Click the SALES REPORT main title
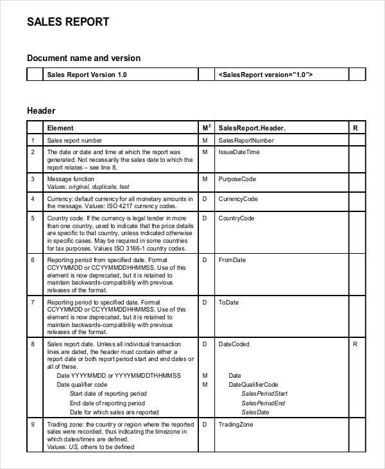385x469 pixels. [68, 22]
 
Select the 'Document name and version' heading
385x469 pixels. [83, 58]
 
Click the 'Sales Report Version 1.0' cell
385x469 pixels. [87, 75]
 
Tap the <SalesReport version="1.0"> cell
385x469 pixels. [266, 75]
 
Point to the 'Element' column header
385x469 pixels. [60, 128]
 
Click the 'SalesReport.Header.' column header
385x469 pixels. [252, 128]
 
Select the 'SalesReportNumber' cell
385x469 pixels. [246, 140]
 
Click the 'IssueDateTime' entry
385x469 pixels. [239, 152]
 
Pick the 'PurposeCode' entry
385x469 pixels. [237, 179]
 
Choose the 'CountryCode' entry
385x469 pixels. [237, 219]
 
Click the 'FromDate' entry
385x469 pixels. [232, 260]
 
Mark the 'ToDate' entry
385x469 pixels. [228, 301]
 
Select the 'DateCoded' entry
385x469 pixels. [234, 344]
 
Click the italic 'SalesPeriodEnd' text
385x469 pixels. [263, 403]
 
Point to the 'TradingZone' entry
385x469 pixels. [236, 425]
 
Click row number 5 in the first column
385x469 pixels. [33, 219]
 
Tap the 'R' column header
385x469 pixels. [355, 128]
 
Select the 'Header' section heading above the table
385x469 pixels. [41, 111]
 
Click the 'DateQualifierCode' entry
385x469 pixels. [253, 384]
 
